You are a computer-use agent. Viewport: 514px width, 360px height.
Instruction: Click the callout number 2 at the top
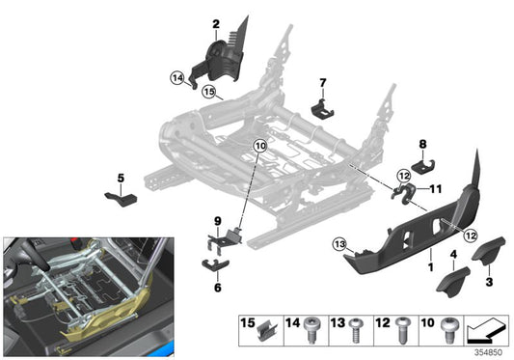click(x=217, y=23)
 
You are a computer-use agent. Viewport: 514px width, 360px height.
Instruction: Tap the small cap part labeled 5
click(x=120, y=198)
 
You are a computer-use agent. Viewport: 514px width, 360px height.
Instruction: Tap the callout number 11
click(x=434, y=189)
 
